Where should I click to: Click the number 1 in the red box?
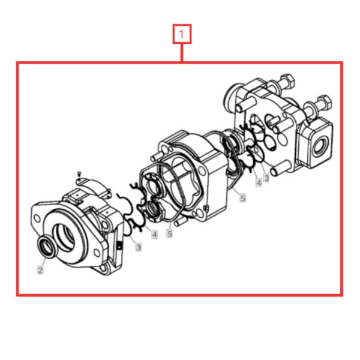tap(182, 34)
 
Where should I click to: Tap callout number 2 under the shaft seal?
tap(40, 270)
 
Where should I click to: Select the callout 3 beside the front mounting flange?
tap(139, 247)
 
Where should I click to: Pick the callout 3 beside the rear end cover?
tap(266, 177)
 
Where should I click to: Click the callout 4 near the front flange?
tap(155, 235)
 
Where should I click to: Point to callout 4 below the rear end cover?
tap(259, 182)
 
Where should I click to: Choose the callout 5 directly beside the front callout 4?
tap(170, 233)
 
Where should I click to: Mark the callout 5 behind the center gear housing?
tap(242, 197)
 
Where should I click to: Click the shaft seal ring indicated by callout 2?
tap(47, 247)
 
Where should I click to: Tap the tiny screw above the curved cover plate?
tap(79, 173)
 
